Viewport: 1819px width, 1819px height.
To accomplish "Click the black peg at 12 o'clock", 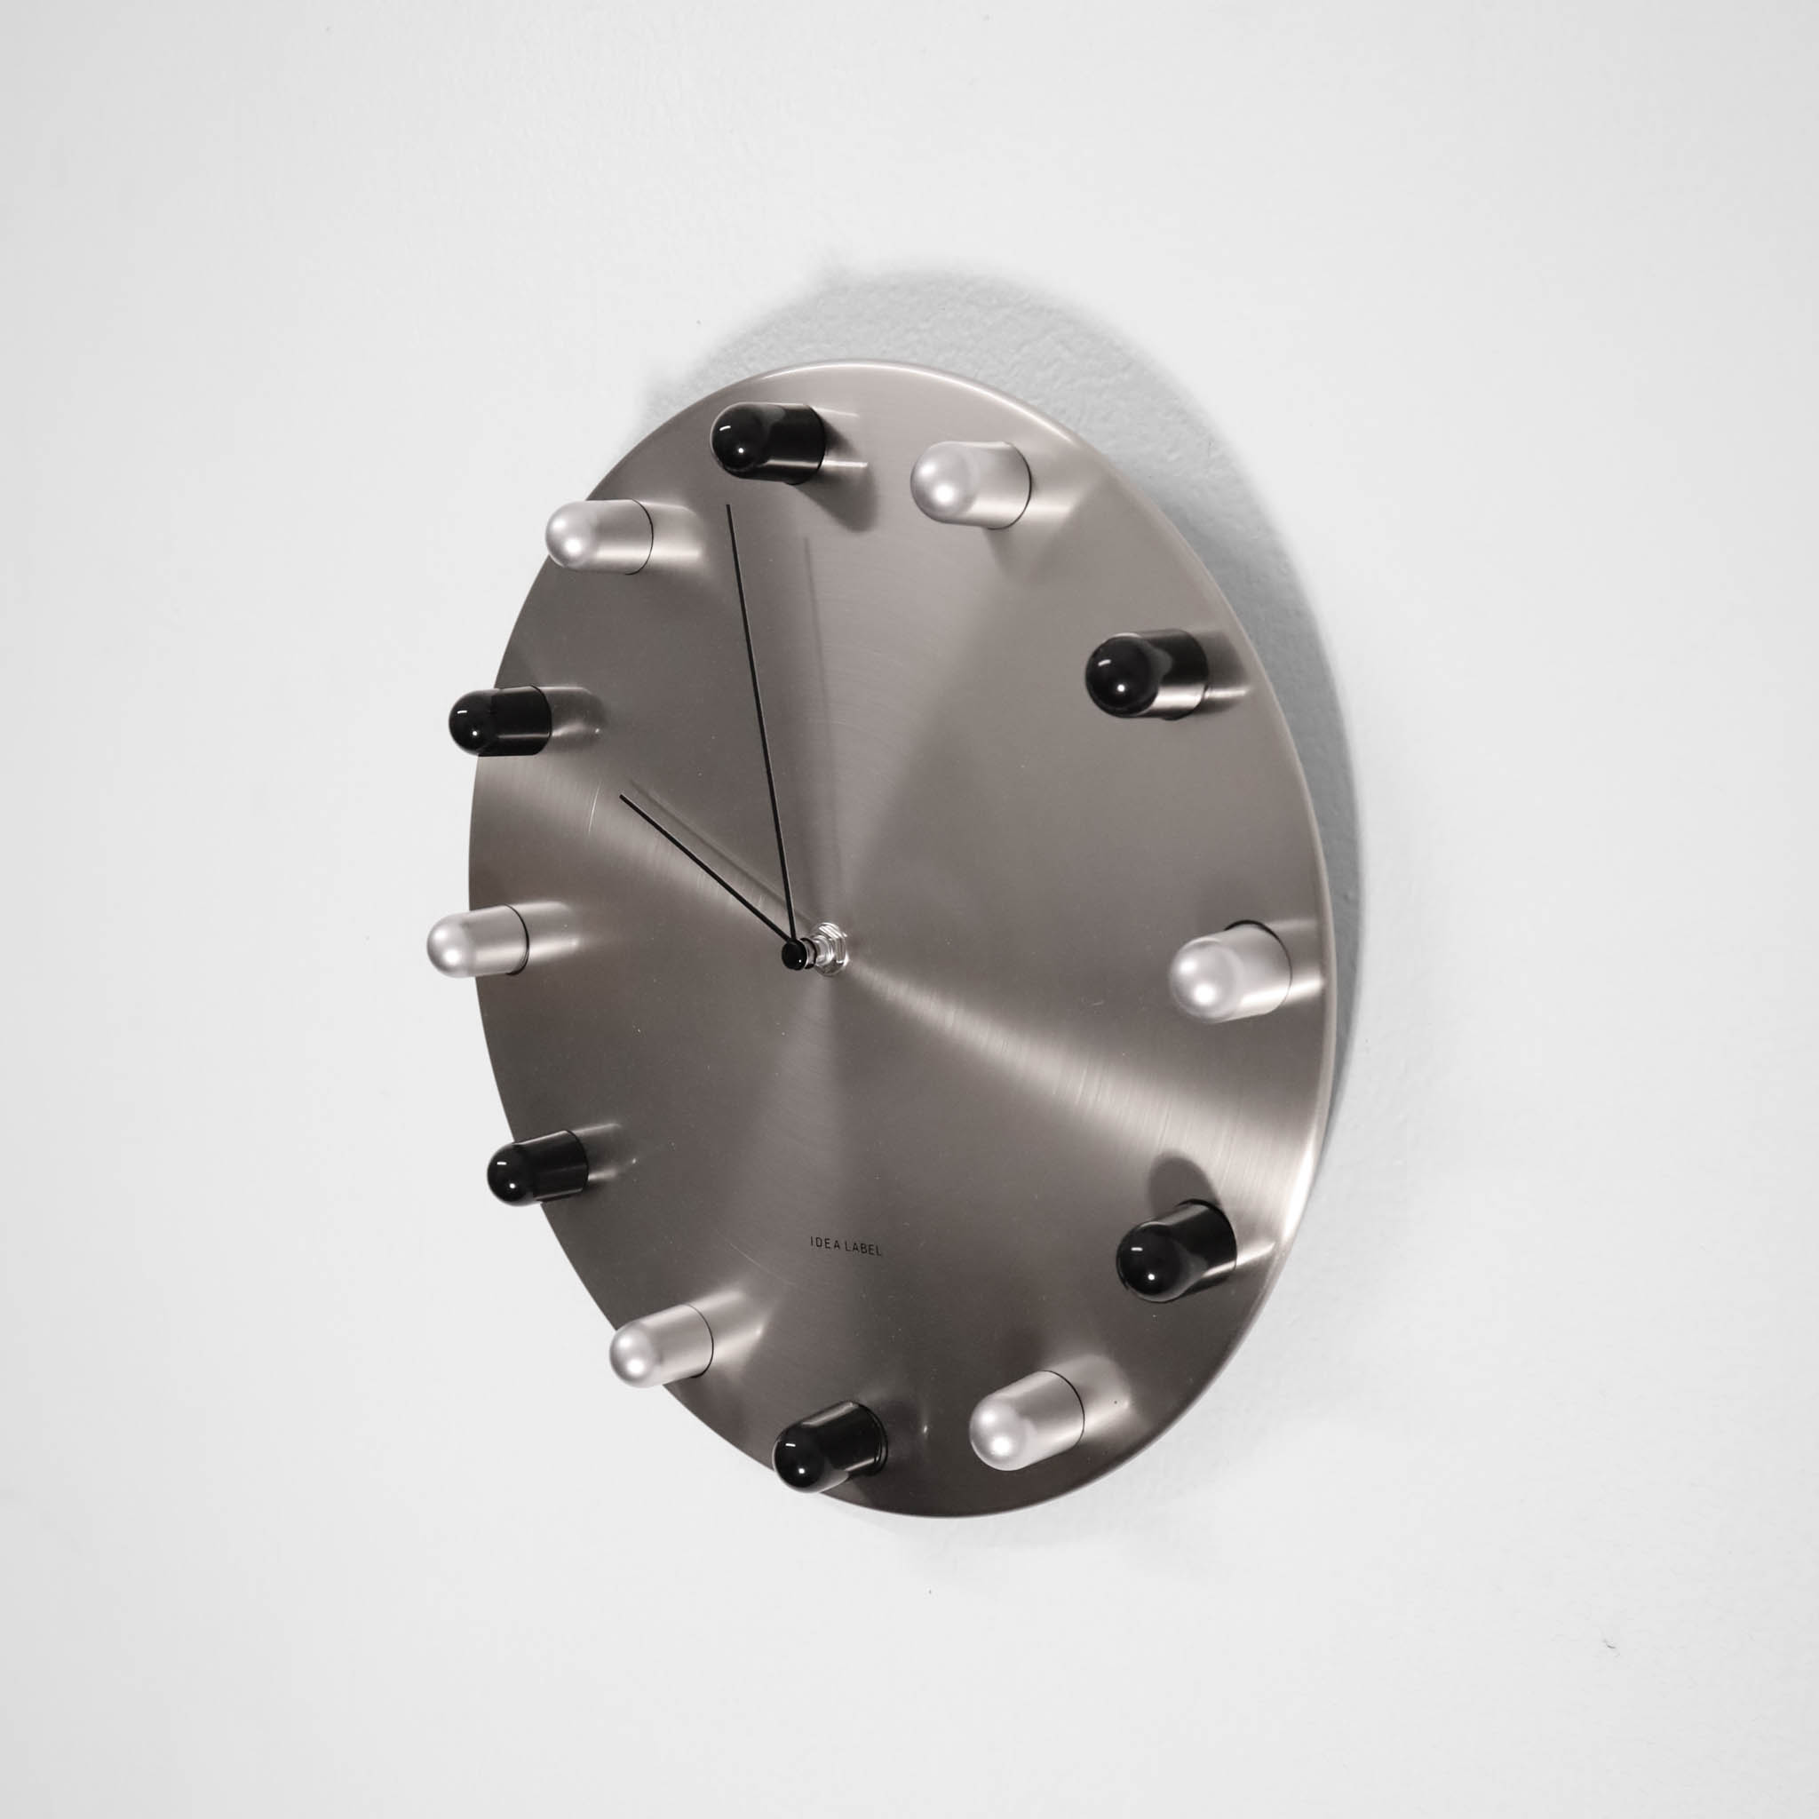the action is (x=768, y=443).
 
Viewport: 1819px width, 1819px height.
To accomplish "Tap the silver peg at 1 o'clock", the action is (x=970, y=485).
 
